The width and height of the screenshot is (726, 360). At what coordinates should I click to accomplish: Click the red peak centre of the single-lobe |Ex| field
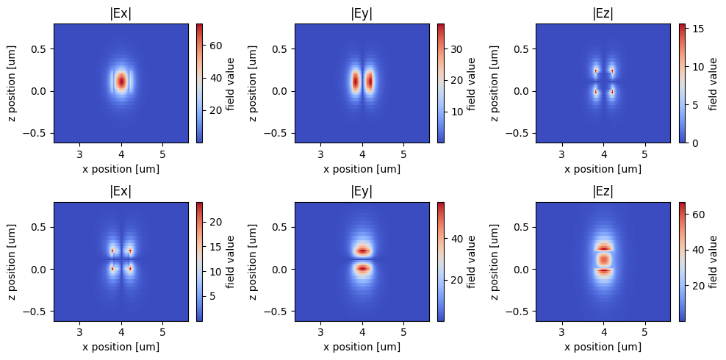pyautogui.click(x=121, y=81)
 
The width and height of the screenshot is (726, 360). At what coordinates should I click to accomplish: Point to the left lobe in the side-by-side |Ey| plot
pyautogui.click(x=356, y=81)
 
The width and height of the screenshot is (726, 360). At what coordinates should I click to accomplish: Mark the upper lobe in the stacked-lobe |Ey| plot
pyautogui.click(x=362, y=251)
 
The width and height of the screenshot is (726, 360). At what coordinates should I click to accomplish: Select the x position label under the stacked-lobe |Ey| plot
pyautogui.click(x=362, y=347)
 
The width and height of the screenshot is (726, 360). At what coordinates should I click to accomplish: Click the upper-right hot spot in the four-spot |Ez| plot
pyautogui.click(x=612, y=71)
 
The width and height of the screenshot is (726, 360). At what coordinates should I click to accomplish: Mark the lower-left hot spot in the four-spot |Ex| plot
pyautogui.click(x=112, y=269)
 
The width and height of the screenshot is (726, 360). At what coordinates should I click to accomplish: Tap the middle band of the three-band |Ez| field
pyautogui.click(x=603, y=260)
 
